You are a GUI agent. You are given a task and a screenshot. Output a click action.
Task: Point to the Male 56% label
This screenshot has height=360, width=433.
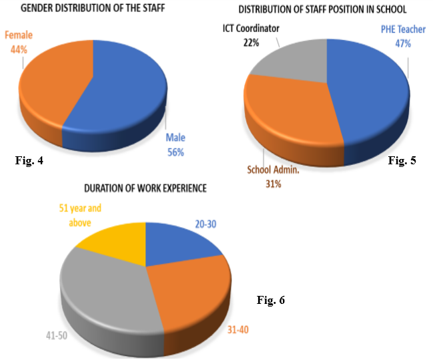point(175,144)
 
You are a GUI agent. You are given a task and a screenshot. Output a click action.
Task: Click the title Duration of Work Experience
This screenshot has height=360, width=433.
point(145,189)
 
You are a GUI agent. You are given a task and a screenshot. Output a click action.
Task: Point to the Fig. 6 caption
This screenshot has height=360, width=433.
point(270,300)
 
